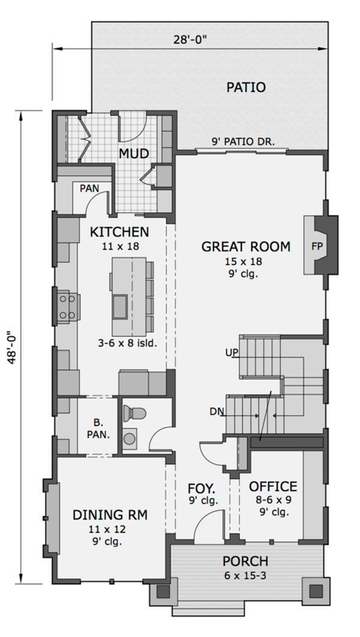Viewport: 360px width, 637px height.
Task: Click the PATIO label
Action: [x=246, y=87]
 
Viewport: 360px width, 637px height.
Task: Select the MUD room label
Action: [x=133, y=154]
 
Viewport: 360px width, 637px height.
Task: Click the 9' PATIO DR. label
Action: [x=242, y=142]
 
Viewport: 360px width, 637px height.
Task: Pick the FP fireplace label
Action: [x=317, y=246]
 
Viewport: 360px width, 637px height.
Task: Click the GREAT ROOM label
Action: [x=245, y=246]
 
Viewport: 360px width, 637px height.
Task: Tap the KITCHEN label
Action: [x=119, y=232]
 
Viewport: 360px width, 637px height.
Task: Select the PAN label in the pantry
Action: [x=89, y=188]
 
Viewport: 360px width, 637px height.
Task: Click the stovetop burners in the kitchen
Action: [x=66, y=306]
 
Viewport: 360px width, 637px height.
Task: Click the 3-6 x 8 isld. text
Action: [x=127, y=343]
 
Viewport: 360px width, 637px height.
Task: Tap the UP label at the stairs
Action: [x=232, y=352]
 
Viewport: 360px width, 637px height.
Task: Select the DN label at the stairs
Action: [x=217, y=412]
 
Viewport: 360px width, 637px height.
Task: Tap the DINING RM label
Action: [x=110, y=515]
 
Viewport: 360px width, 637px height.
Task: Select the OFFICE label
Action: [x=273, y=486]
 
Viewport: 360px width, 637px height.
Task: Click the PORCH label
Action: [x=245, y=561]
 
